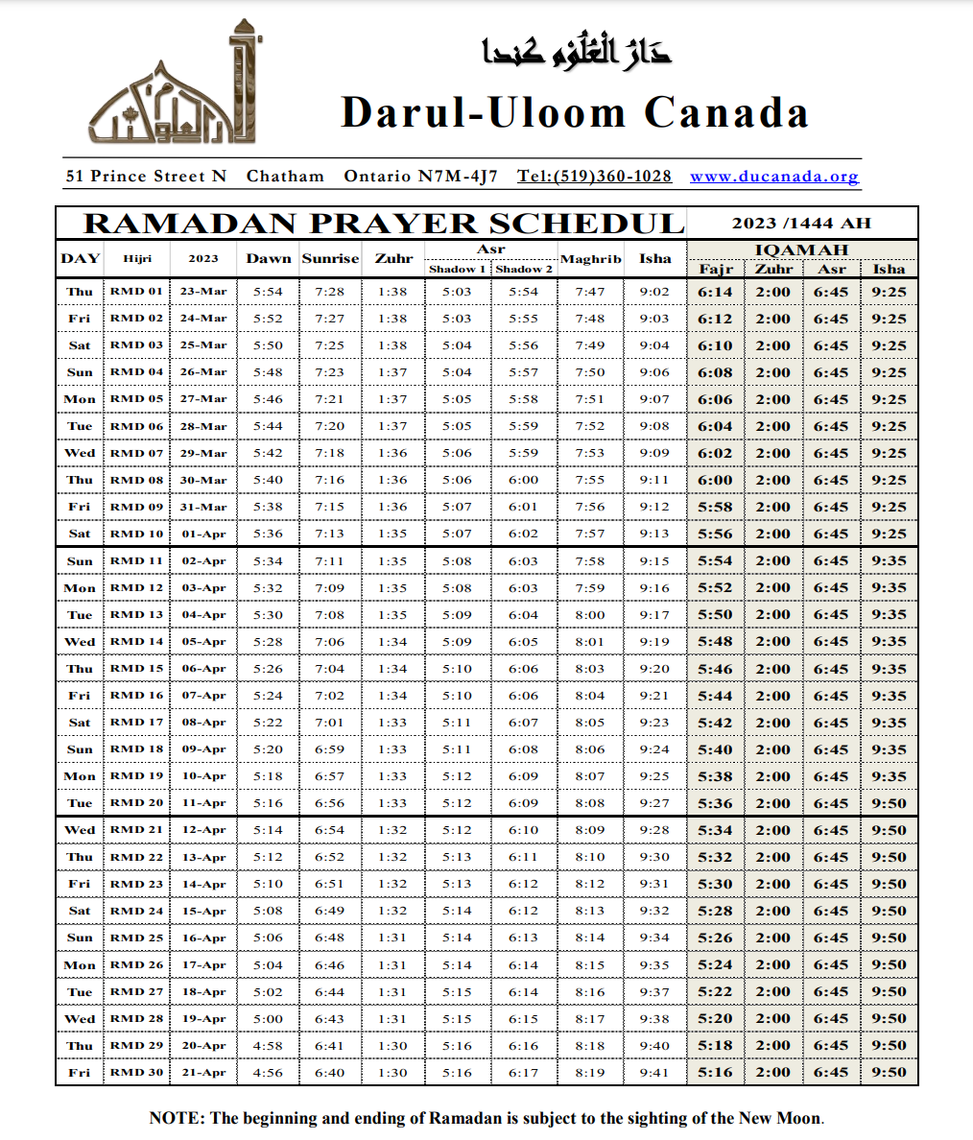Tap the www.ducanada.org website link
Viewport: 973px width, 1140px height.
[x=773, y=177]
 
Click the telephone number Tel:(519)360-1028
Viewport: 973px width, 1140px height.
[x=594, y=177]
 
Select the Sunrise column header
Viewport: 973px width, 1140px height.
[x=330, y=258]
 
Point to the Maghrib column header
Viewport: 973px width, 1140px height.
[x=590, y=258]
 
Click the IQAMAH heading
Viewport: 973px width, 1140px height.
[x=801, y=249]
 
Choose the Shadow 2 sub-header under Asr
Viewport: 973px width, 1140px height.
[x=524, y=269]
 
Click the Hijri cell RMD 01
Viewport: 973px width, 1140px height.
[x=136, y=291]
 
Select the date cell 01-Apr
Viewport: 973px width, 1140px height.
[x=203, y=534]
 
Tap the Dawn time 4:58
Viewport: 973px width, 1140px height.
[x=268, y=1046]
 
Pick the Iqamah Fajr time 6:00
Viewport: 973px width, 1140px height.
[x=715, y=480]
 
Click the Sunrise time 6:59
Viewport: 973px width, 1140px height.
[x=329, y=749]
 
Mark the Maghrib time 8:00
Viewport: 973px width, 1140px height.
[x=590, y=615]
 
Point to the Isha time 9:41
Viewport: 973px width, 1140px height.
[x=654, y=1073]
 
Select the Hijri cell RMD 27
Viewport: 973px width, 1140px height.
[x=136, y=992]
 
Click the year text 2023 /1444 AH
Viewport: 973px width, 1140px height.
[x=801, y=224]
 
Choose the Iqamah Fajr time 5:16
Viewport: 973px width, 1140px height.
[x=715, y=1073]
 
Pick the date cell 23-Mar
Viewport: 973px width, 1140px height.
[x=203, y=291]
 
